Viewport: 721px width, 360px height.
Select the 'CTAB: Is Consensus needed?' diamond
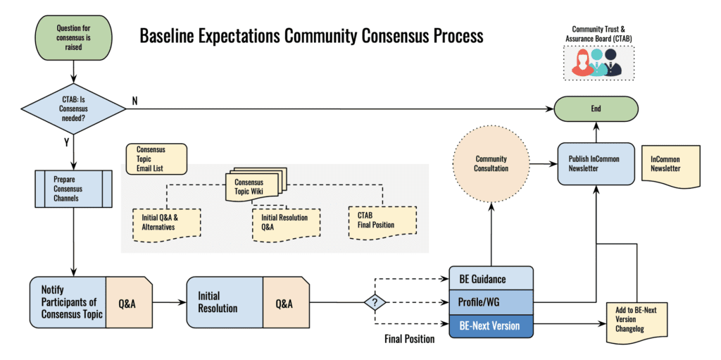tap(74, 108)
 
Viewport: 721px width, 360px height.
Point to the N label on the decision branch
tap(134, 101)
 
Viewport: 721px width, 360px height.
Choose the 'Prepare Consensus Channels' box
tap(73, 189)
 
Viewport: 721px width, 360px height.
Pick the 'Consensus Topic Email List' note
tap(156, 159)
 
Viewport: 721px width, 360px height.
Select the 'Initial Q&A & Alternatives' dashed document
tap(166, 223)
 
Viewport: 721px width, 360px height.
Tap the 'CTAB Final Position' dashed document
tap(382, 221)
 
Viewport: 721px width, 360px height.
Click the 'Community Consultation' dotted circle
tap(491, 163)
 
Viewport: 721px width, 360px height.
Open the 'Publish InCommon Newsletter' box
tap(595, 164)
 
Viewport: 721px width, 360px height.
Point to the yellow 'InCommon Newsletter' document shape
tap(670, 165)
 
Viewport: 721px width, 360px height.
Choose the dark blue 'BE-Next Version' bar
tap(491, 325)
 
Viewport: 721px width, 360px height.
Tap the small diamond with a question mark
tap(375, 303)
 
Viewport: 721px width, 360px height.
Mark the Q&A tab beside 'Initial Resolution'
tap(284, 303)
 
